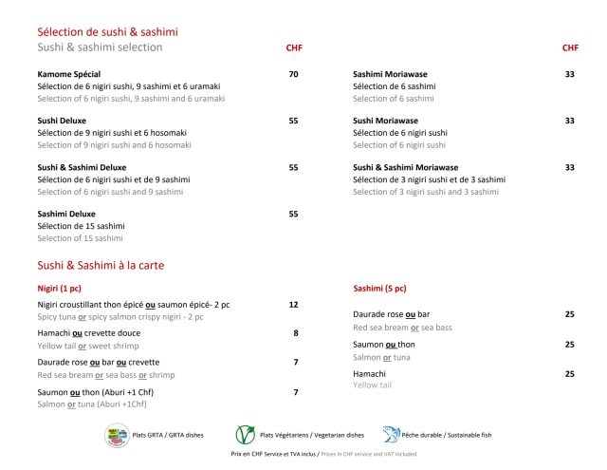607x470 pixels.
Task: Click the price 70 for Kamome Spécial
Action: point(293,74)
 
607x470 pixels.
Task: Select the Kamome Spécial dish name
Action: point(69,74)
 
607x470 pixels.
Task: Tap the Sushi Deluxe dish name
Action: point(62,121)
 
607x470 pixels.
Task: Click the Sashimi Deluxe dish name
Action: point(66,214)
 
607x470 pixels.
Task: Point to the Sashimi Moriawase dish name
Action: point(393,74)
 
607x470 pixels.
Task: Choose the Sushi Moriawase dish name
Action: point(385,121)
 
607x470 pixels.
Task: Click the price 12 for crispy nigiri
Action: point(293,305)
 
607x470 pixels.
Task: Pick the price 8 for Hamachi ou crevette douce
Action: point(296,333)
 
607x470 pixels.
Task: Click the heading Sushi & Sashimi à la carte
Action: point(101,266)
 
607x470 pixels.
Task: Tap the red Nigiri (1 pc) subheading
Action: point(59,288)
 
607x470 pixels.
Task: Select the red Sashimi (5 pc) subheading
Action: point(379,288)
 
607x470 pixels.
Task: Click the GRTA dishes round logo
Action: point(117,435)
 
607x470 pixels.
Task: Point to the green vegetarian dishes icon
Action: point(245,435)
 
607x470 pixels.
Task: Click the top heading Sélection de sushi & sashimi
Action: point(107,32)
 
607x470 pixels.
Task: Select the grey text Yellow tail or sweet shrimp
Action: point(88,347)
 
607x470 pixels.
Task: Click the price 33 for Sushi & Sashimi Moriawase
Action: point(570,167)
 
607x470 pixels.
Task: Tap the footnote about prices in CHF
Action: point(323,455)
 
